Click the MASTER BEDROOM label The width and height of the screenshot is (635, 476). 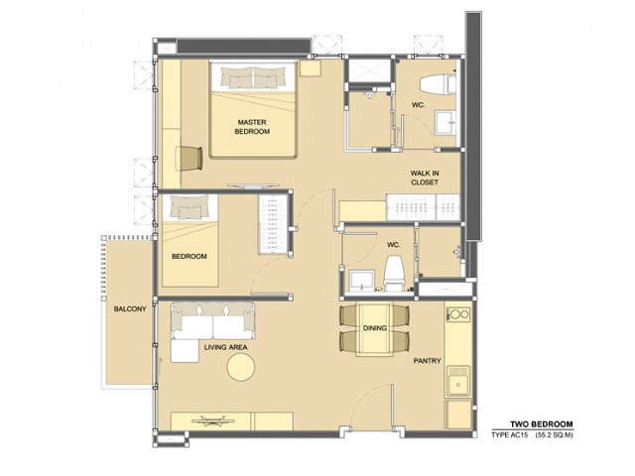pyautogui.click(x=252, y=127)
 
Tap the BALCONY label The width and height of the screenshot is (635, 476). pyautogui.click(x=130, y=308)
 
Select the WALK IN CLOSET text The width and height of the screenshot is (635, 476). pyautogui.click(x=425, y=178)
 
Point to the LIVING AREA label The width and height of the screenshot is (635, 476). pyautogui.click(x=225, y=347)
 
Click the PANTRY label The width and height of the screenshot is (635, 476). pyautogui.click(x=427, y=361)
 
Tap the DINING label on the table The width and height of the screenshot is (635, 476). pyautogui.click(x=375, y=328)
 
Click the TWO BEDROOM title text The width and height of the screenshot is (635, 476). pyautogui.click(x=542, y=424)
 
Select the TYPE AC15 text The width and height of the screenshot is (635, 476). pyautogui.click(x=510, y=435)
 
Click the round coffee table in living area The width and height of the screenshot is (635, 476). pyautogui.click(x=240, y=367)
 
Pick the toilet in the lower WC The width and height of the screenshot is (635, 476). pyautogui.click(x=395, y=274)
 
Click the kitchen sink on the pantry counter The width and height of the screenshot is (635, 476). pyautogui.click(x=458, y=382)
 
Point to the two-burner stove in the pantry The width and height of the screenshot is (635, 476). pyautogui.click(x=458, y=314)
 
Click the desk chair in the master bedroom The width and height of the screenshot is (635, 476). pyautogui.click(x=190, y=159)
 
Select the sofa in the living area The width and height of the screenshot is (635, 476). pyautogui.click(x=213, y=321)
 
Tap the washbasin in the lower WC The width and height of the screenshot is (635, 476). pyautogui.click(x=361, y=281)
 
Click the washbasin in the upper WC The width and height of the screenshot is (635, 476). pyautogui.click(x=445, y=122)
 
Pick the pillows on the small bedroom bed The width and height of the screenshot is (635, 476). pyautogui.click(x=190, y=207)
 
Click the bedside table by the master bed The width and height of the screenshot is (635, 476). pyautogui.click(x=311, y=68)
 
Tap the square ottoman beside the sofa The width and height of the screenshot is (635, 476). pyautogui.click(x=185, y=351)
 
